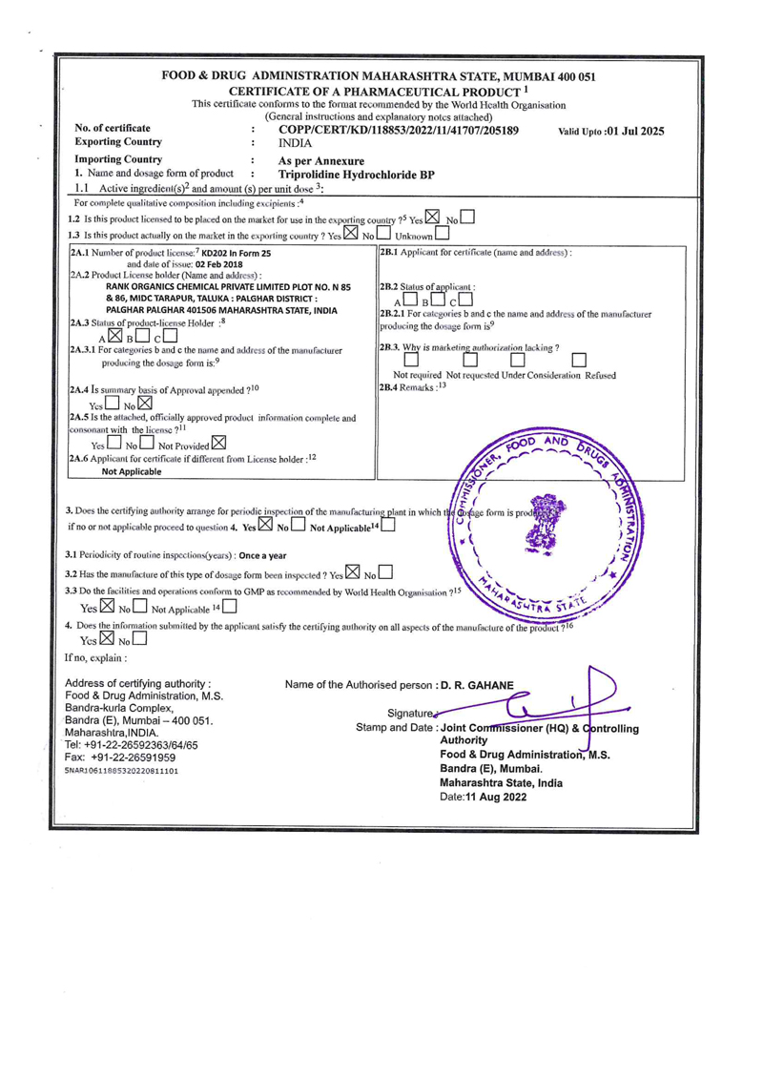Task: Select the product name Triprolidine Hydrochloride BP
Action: click(x=357, y=176)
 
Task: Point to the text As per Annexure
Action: click(x=316, y=161)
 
